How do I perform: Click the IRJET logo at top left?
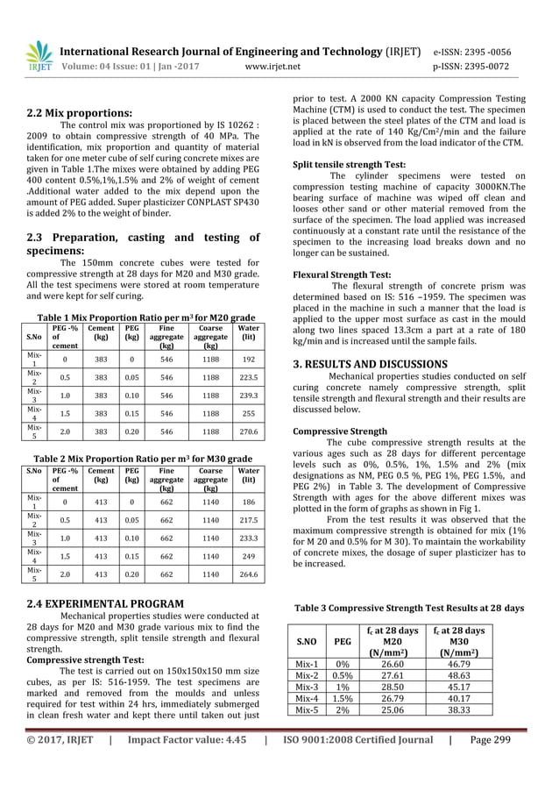[x=39, y=55]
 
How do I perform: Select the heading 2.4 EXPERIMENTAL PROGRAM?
[x=104, y=603]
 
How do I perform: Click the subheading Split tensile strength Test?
[x=349, y=164]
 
